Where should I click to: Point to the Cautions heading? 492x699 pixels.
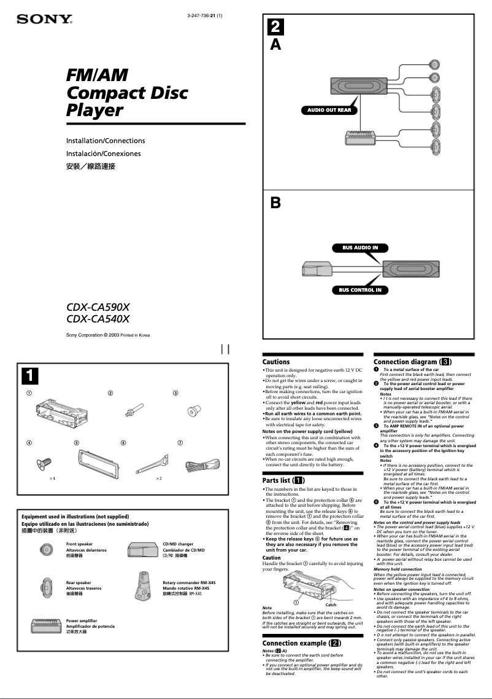coord(276,362)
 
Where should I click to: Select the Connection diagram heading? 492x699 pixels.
coord(412,362)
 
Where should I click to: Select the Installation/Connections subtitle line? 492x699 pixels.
coord(106,141)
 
